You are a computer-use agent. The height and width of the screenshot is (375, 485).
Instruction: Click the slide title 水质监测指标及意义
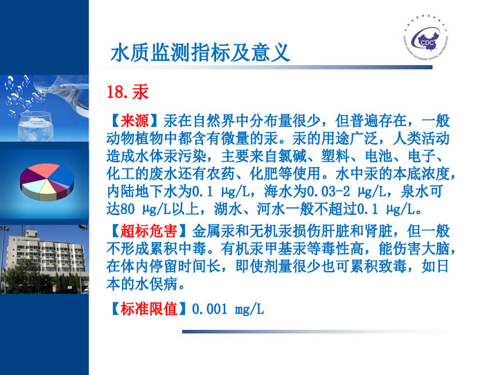click(x=200, y=53)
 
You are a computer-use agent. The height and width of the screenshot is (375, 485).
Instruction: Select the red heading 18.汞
click(x=127, y=92)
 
